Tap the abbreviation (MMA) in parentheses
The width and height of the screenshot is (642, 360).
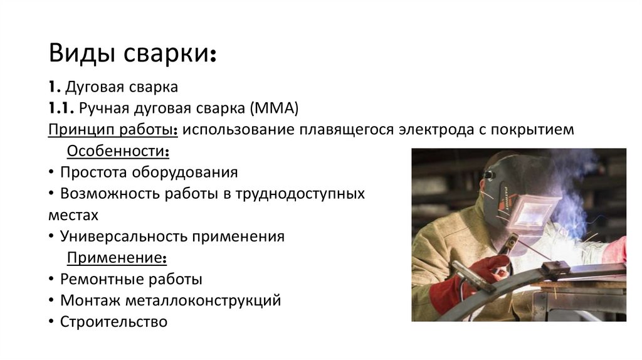[274, 109]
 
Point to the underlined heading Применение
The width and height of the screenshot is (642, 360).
[117, 258]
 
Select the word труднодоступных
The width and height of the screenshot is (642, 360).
[300, 194]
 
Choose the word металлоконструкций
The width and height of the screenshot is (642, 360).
[203, 301]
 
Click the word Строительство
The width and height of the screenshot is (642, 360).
[114, 322]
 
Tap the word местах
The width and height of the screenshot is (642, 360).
[73, 215]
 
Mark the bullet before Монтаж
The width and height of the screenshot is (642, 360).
[51, 301]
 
